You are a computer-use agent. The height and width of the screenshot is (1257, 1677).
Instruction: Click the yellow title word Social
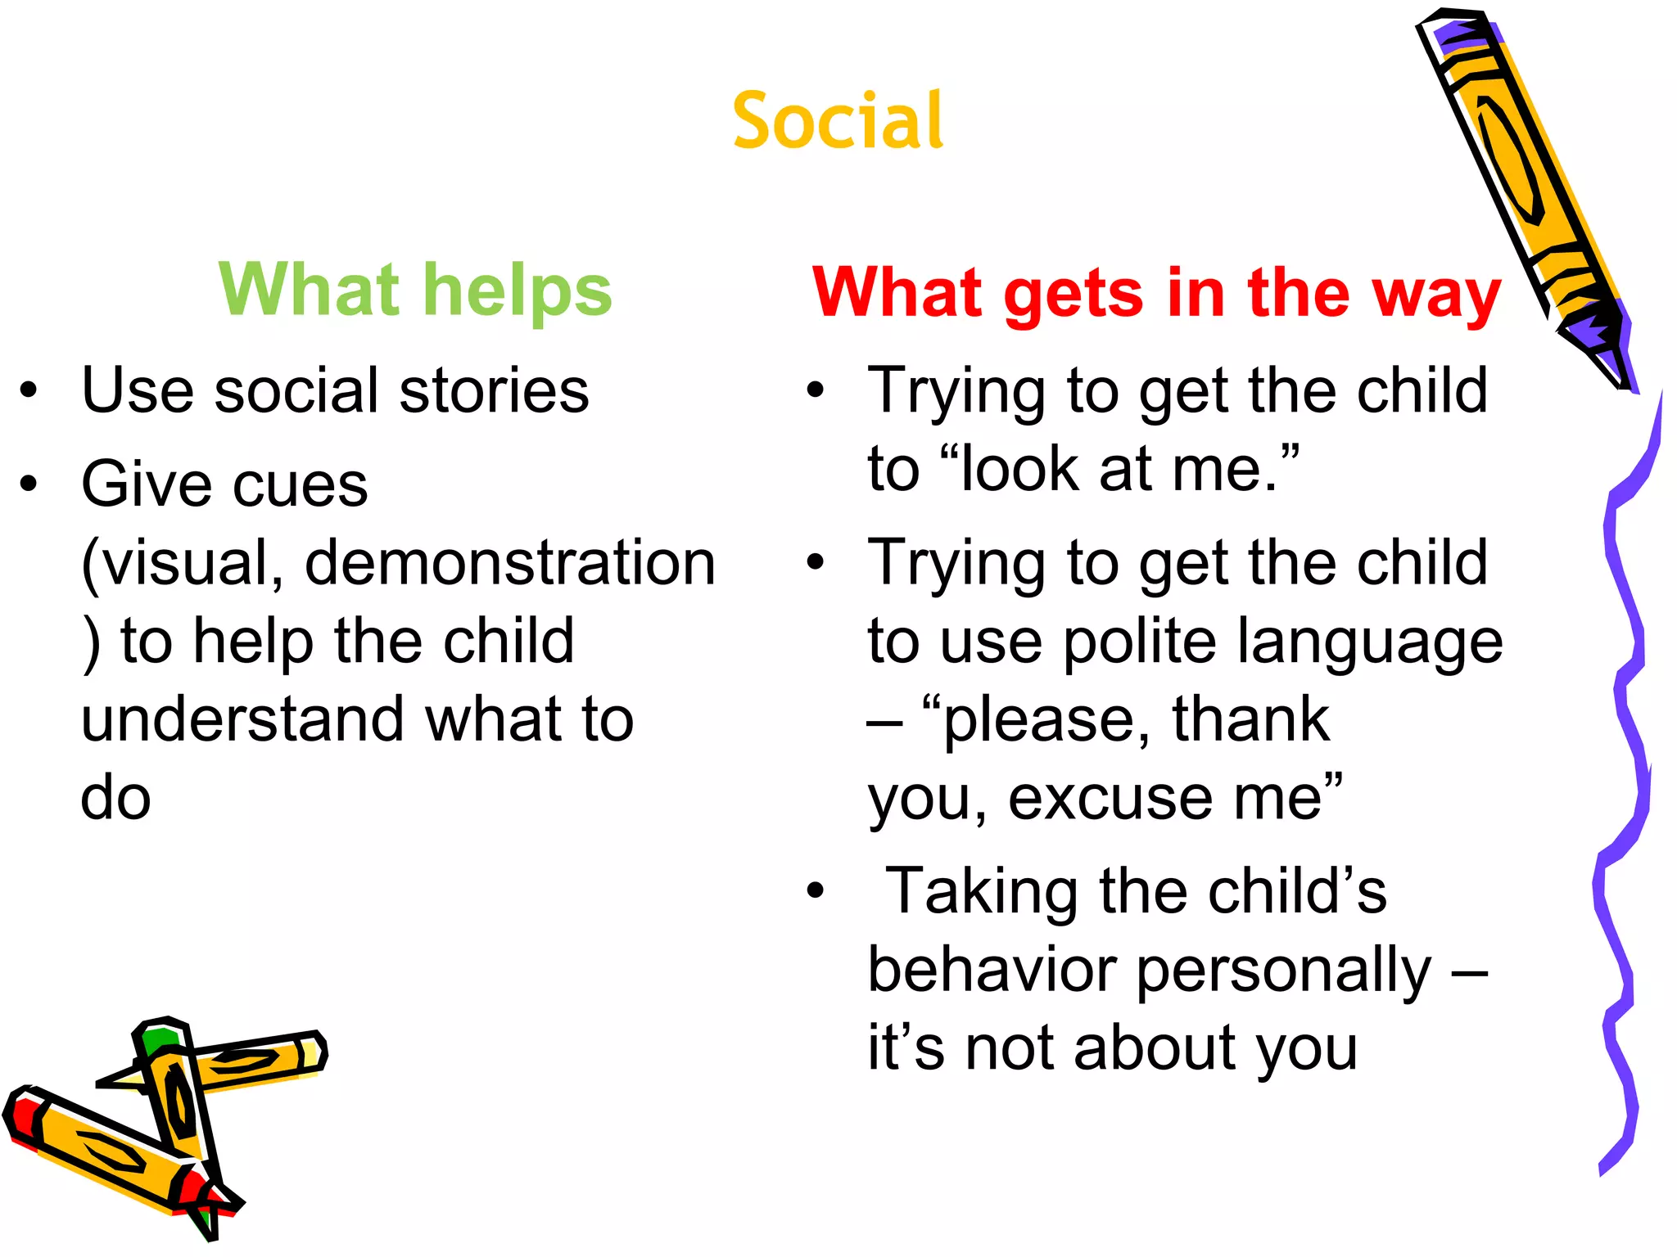click(x=838, y=121)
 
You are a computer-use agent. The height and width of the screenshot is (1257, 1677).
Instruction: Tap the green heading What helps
click(x=415, y=290)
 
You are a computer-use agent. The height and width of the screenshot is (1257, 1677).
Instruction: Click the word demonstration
click(x=510, y=563)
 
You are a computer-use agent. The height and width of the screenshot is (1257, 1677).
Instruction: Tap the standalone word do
click(x=115, y=798)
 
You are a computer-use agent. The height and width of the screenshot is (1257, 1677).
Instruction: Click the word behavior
click(x=992, y=971)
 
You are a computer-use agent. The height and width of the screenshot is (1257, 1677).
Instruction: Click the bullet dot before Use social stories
click(x=29, y=391)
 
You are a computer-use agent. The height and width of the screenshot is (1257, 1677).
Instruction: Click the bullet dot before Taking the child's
click(x=815, y=891)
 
